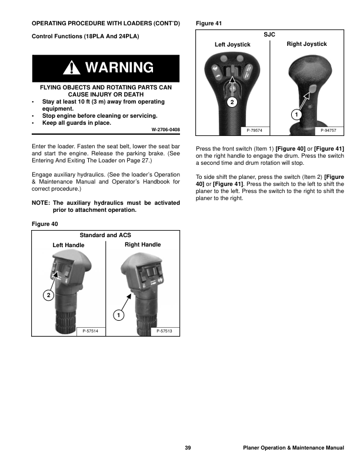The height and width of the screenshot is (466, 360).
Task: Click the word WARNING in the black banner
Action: (x=120, y=68)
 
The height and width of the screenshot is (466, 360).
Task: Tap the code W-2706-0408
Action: (x=166, y=129)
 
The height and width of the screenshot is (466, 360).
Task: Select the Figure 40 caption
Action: (x=44, y=224)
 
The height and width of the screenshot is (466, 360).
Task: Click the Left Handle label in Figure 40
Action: (x=68, y=245)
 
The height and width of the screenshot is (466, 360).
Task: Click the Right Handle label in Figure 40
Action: (x=142, y=244)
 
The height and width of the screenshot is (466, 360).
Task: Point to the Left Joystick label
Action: (x=232, y=45)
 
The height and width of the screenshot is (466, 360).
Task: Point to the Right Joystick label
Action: (x=306, y=44)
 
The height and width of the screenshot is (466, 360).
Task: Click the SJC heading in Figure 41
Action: (x=269, y=35)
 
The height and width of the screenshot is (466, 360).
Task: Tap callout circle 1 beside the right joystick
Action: (x=297, y=112)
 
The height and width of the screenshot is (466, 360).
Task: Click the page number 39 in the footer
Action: (x=188, y=448)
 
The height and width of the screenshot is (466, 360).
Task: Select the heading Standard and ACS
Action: (x=105, y=235)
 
